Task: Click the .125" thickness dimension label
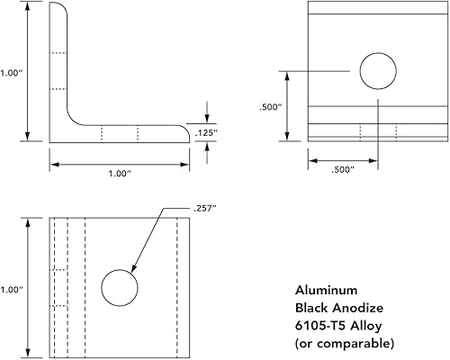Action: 229,133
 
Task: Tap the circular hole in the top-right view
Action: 378,69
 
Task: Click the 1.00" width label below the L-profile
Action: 118,175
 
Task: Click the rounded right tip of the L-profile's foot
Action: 187,132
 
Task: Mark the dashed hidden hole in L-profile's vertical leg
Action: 58,72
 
